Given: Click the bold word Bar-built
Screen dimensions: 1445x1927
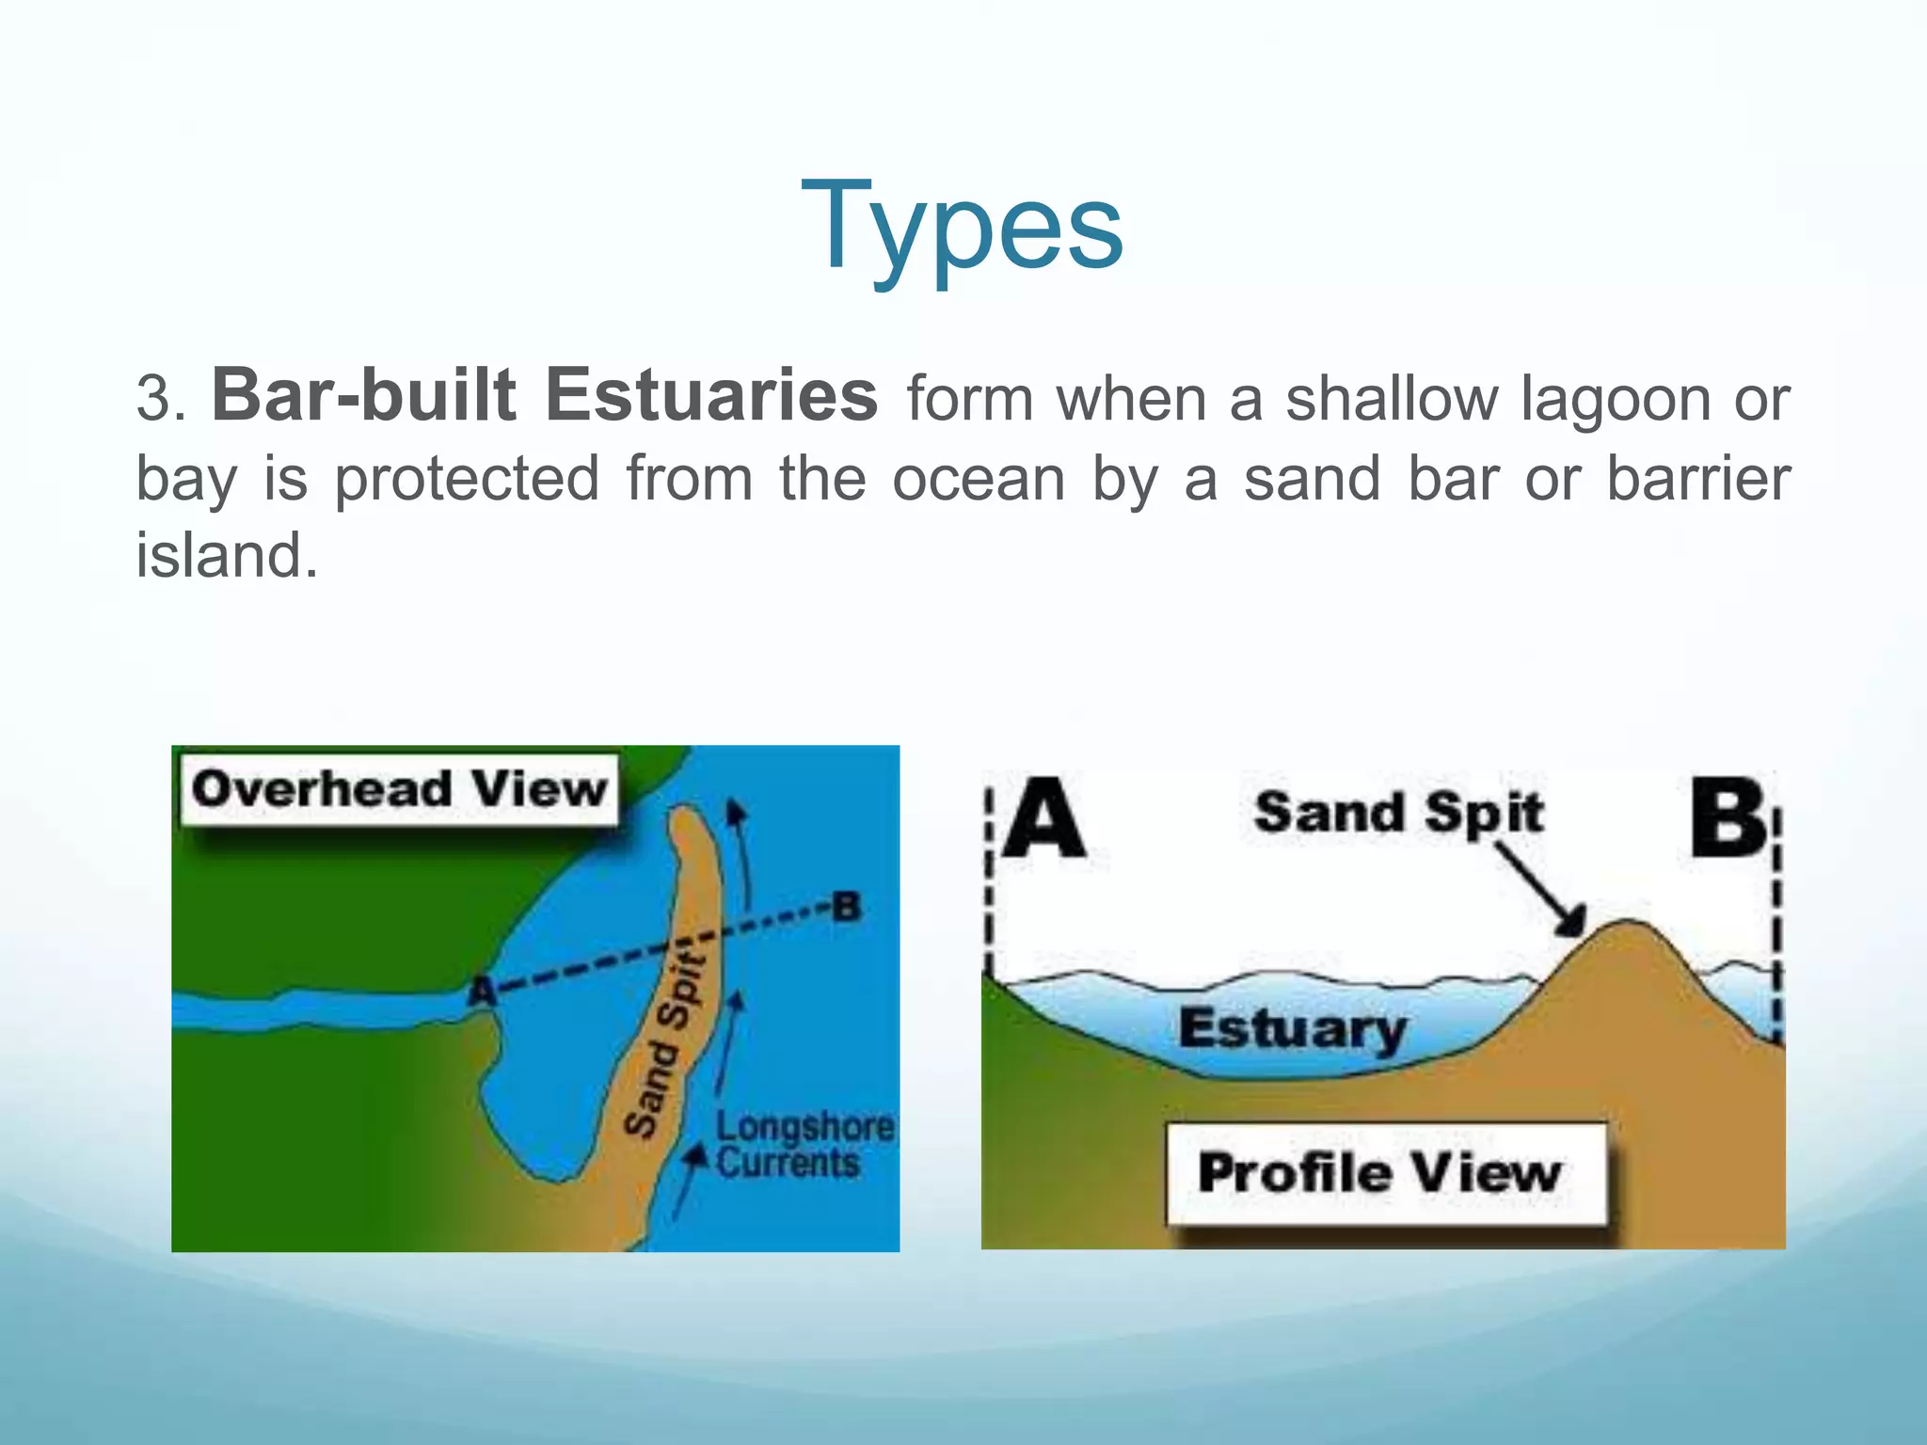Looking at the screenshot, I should pos(364,395).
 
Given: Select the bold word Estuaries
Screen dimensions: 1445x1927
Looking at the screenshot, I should pos(711,395).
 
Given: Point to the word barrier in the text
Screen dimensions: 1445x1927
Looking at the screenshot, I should pos(1697,478).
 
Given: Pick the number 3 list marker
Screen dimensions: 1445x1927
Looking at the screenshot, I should pos(155,399).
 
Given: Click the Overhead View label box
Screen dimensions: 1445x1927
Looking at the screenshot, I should pos(399,789).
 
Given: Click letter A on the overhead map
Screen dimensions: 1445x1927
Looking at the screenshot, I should pos(482,989).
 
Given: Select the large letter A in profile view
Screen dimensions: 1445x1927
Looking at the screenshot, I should pos(1043,818).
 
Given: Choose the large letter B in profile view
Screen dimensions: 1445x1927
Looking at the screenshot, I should pos(1729,818).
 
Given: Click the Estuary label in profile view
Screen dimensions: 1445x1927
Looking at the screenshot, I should pos(1293,1029).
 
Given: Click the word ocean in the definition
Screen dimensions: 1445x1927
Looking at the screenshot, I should pos(978,478).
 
